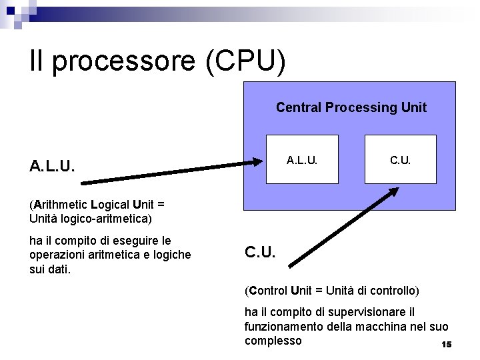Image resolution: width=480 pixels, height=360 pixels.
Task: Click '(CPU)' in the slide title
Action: tap(246, 62)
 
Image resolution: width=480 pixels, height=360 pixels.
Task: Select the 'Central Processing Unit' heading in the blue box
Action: tap(351, 107)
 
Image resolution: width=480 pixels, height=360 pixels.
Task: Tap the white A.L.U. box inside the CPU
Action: tap(303, 159)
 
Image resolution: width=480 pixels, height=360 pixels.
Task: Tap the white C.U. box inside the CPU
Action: tap(400, 159)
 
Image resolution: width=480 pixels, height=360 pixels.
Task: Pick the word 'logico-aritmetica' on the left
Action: tap(109, 218)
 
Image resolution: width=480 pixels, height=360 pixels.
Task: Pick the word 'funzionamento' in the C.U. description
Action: tap(283, 327)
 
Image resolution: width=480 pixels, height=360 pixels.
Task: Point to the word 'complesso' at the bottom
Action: tap(273, 341)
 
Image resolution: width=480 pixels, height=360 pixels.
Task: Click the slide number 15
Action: tap(447, 345)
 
